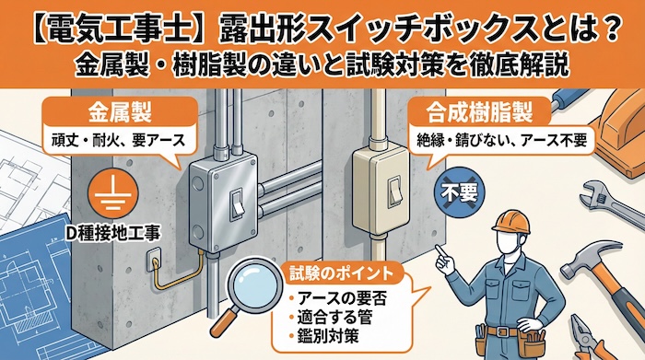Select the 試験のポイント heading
[x=335, y=273]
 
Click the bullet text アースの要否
[x=337, y=296]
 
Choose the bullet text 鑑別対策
[x=326, y=338]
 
